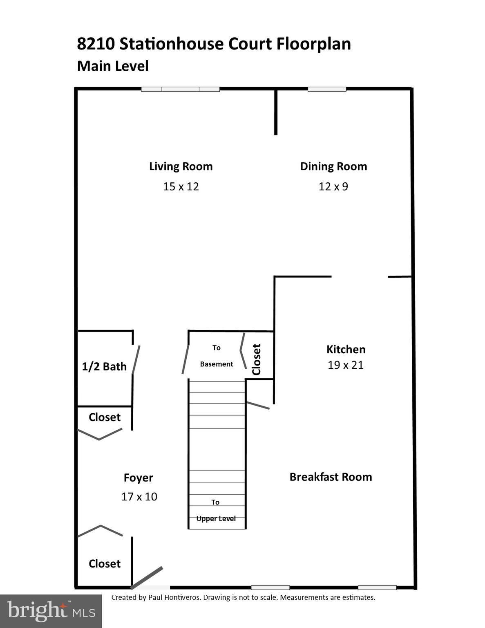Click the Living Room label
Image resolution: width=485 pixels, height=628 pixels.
point(181,166)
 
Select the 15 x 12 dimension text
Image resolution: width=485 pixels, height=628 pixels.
point(181,186)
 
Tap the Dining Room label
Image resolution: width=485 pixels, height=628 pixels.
point(333,166)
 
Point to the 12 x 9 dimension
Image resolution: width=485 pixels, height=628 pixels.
point(333,186)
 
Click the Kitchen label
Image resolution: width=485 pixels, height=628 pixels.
point(346,349)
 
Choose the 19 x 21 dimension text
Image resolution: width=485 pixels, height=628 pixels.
point(346,365)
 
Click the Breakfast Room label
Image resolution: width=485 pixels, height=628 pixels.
point(331,477)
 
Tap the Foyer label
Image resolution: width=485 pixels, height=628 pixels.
point(139,478)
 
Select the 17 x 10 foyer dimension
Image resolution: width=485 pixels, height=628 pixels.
point(139,497)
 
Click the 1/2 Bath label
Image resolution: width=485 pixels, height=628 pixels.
point(104,366)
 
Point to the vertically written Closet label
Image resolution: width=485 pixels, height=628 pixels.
point(257,359)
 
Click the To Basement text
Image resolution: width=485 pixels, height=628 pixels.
point(217,356)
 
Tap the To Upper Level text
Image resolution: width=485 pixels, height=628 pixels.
point(216,511)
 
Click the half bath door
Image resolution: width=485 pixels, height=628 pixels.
point(136,359)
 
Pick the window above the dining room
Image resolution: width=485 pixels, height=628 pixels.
point(327,89)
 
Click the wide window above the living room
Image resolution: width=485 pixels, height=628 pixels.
point(180,89)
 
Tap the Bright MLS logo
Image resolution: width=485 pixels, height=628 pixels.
point(51,611)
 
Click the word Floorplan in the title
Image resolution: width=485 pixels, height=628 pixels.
point(314,44)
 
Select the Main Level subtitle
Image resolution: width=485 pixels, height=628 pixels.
point(113,66)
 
